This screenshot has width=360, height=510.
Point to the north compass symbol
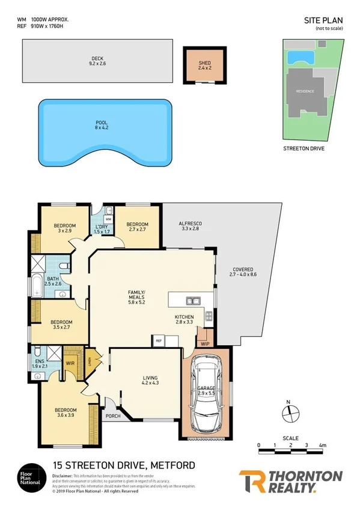(289, 413)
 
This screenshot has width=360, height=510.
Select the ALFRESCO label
(190, 226)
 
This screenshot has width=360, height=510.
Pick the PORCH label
(112, 416)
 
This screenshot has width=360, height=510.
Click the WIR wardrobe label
(70, 363)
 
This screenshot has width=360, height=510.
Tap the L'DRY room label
(102, 229)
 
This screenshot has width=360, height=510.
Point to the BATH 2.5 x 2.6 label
(53, 281)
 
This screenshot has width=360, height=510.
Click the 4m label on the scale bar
(323, 446)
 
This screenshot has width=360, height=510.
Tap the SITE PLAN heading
(319, 20)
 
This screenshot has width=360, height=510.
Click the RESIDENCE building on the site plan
(304, 91)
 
